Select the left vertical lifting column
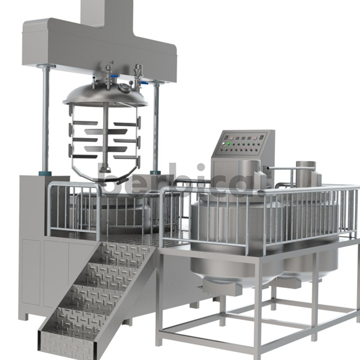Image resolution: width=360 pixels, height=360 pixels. click(44, 117)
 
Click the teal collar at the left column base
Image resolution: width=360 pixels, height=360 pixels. click(44, 172)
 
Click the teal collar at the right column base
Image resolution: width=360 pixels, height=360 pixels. click(156, 172)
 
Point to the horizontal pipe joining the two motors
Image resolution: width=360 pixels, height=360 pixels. click(283, 168)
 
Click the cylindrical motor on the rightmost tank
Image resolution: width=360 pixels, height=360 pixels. click(305, 176)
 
